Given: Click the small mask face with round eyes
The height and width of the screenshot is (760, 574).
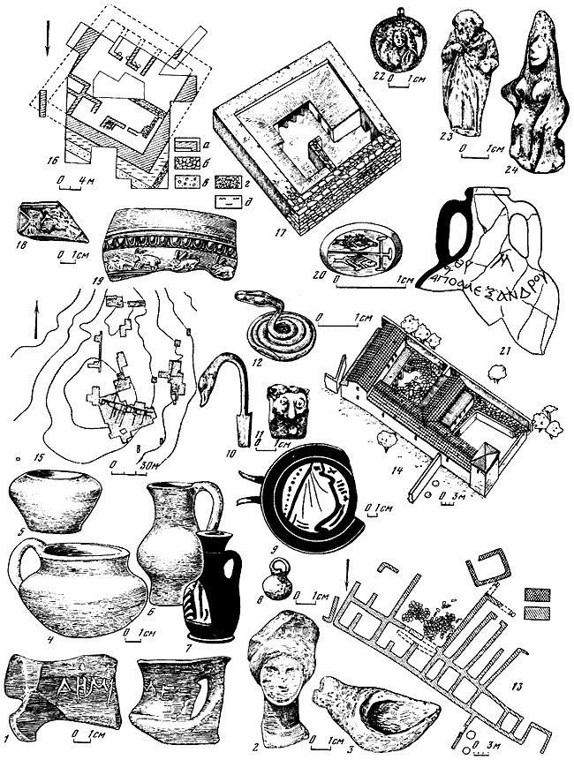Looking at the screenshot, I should click(x=283, y=410).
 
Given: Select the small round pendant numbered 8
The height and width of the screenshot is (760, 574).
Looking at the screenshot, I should click(x=270, y=583).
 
